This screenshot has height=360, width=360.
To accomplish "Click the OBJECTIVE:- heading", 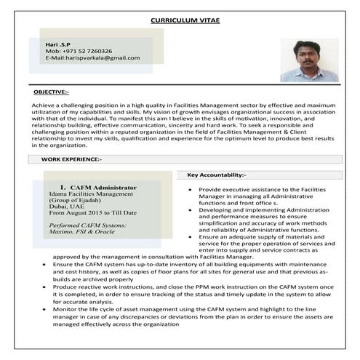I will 51,92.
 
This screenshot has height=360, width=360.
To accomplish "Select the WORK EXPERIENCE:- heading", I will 71,159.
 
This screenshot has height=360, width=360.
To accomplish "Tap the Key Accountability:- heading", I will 217,175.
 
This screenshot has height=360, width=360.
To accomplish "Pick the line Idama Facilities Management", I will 91,194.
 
